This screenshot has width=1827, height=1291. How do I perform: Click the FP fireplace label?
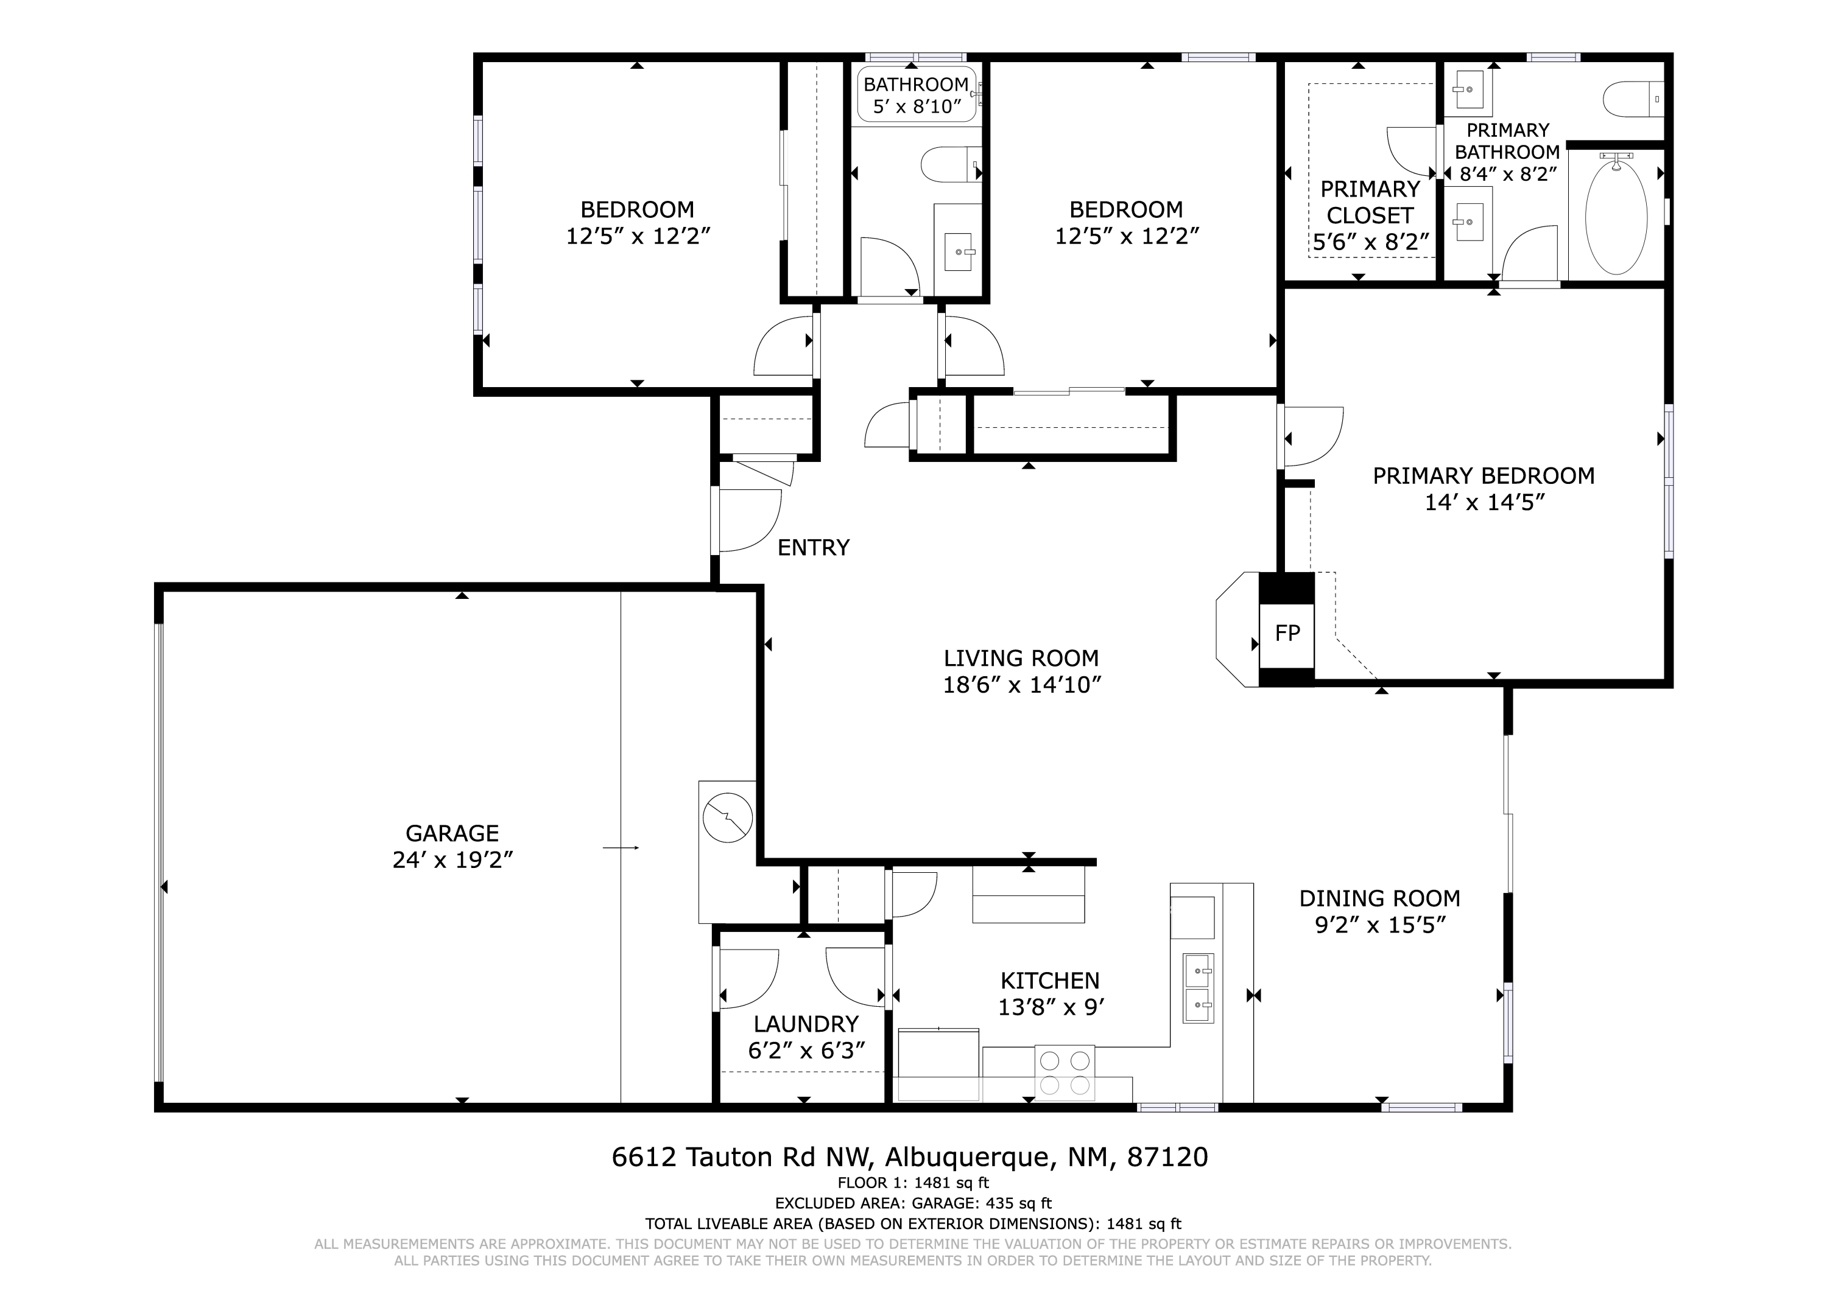(1287, 633)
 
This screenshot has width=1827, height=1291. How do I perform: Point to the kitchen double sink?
(1199, 988)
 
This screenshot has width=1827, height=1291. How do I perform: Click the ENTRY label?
(813, 547)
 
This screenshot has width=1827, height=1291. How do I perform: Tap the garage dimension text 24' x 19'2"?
(452, 860)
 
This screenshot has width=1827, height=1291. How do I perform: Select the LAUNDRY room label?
(806, 1024)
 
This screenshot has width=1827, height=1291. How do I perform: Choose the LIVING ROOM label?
(1021, 658)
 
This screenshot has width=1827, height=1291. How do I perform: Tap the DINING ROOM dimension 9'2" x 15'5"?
(1380, 925)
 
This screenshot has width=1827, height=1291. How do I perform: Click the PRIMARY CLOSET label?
(1370, 202)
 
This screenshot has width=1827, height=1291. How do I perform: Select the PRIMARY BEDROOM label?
(1484, 475)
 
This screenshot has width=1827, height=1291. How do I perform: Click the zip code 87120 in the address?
(1167, 1156)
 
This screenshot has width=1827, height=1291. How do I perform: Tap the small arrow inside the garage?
(621, 848)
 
